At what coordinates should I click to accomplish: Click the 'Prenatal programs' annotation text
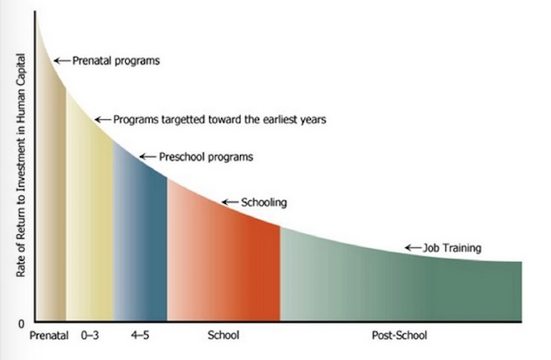[x=116, y=61]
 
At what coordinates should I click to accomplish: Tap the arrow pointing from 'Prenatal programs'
[x=62, y=61]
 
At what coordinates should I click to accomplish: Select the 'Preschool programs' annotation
[x=206, y=157]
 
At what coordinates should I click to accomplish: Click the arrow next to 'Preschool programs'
[x=148, y=157]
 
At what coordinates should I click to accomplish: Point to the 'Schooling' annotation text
[x=264, y=202]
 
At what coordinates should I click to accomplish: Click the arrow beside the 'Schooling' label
[x=230, y=202]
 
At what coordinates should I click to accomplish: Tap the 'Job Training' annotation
[x=452, y=248]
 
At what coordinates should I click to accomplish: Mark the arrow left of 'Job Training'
[x=413, y=248]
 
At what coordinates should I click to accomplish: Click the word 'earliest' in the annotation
[x=279, y=120]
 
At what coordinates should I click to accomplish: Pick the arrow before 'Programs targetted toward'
[x=103, y=120]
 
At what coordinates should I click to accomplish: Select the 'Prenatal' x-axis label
[x=49, y=336]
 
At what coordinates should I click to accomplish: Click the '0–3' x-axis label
[x=90, y=336]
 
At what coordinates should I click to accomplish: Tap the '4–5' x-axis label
[x=140, y=336]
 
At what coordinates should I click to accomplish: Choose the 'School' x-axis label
[x=224, y=336]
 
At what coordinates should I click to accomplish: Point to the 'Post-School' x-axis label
[x=400, y=336]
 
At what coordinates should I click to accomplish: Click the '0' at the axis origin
[x=21, y=324]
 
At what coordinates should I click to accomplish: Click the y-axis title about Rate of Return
[x=20, y=165]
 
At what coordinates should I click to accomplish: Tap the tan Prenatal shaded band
[x=52, y=211]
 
